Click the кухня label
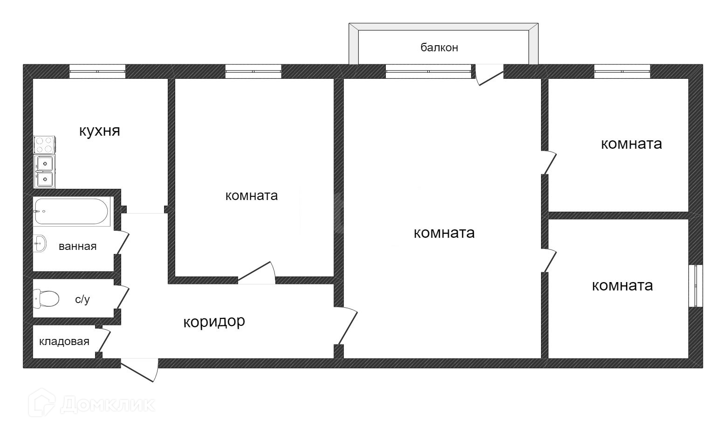tap(99, 131)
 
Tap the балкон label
tap(439, 47)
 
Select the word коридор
tap(214, 322)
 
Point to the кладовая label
tap(64, 342)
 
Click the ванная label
tap(77, 246)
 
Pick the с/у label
tap(82, 299)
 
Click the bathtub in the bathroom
tap(72, 212)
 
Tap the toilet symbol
tap(46, 298)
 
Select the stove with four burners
tap(45, 145)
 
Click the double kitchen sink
tap(45, 171)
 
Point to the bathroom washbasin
tap(40, 243)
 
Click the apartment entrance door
tap(139, 368)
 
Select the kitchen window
tap(97, 71)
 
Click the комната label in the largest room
tap(444, 233)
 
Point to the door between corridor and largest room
tap(346, 326)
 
